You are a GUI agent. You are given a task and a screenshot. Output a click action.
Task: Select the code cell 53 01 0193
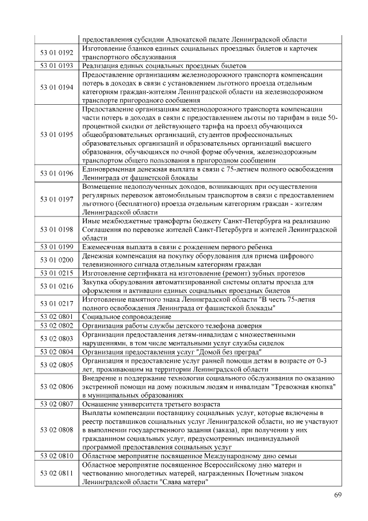tap(57, 66)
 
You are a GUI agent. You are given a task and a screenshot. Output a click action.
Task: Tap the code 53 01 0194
tap(57, 87)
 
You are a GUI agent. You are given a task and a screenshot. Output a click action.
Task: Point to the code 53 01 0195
tap(57, 135)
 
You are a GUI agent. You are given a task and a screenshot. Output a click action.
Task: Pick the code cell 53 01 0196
tap(57, 174)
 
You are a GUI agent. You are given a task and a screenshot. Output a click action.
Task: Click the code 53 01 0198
tap(57, 230)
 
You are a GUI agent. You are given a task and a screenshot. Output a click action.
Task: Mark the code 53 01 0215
tap(57, 273)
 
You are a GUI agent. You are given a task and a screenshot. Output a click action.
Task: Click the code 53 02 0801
tap(57, 317)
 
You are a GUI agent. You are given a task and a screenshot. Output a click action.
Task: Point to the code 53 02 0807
tap(57, 404)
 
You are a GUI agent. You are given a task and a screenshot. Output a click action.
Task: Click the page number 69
tap(338, 496)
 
